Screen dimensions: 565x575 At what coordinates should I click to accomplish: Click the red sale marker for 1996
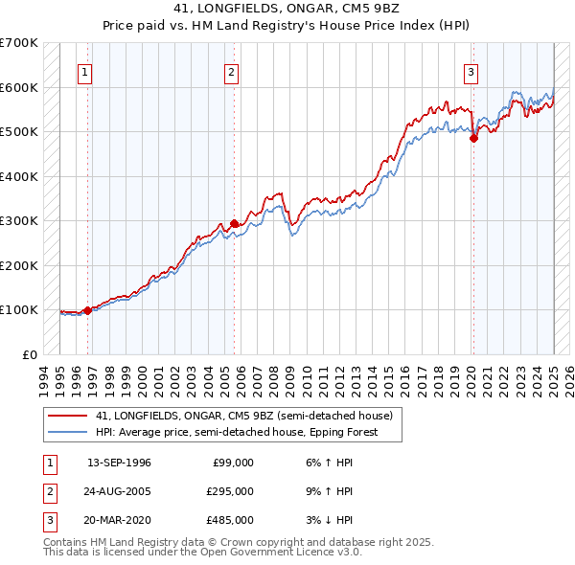point(87,310)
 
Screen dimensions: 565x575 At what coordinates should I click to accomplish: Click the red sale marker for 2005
point(234,223)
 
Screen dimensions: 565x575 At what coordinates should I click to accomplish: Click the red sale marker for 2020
point(472,139)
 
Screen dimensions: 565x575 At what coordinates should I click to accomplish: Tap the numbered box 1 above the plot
point(85,70)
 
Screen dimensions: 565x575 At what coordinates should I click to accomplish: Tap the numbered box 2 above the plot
point(232,70)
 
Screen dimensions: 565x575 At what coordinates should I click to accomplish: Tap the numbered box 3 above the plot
point(471,70)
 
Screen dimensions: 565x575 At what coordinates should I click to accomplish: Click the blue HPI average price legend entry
point(237,432)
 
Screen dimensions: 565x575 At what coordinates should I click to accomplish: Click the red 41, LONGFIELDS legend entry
point(243,416)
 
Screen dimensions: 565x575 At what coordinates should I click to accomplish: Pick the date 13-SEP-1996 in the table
point(119,463)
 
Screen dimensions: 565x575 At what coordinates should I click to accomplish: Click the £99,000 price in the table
point(232,463)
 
